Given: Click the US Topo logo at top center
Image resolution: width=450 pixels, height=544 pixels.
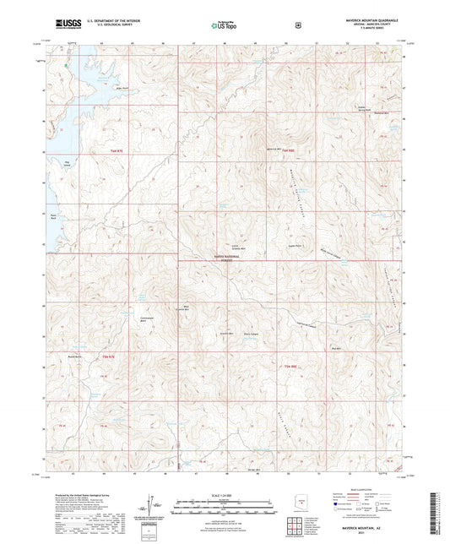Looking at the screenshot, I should point(224,25).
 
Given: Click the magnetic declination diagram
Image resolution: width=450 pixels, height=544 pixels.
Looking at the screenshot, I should point(155,505).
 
